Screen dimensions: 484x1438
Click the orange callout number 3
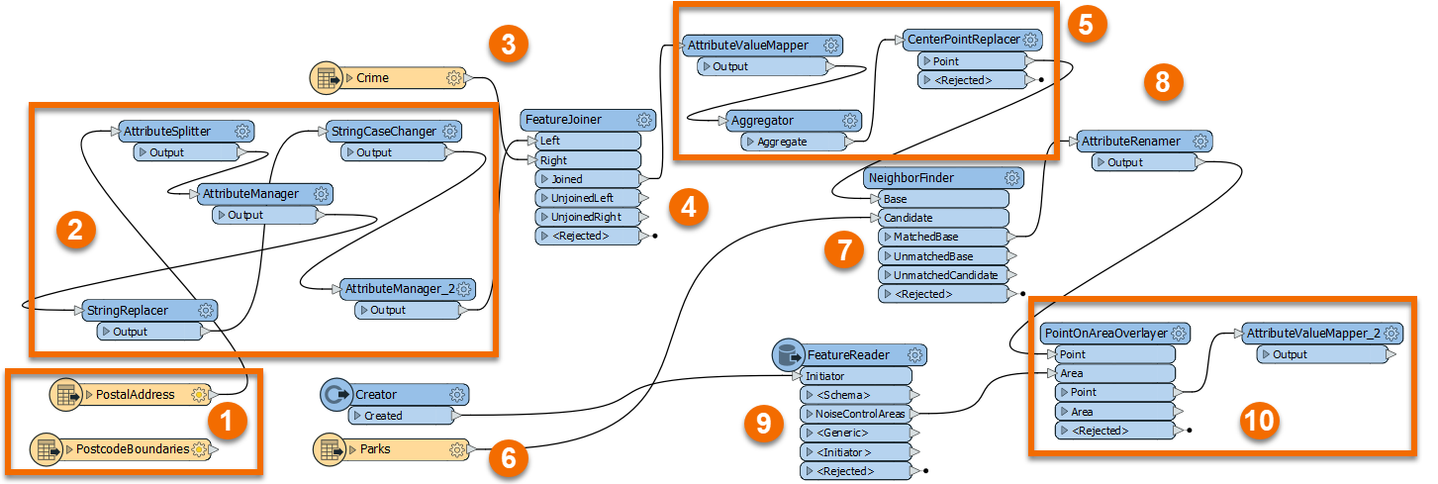509,44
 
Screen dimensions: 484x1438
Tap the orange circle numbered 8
1163,83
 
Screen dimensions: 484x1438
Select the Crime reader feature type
396,77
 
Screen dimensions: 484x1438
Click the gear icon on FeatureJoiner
644,120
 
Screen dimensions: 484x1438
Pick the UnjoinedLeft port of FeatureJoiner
588,198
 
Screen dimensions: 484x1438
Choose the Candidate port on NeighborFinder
940,218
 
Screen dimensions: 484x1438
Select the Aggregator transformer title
762,121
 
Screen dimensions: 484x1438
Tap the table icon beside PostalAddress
67,395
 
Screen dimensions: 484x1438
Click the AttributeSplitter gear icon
242,131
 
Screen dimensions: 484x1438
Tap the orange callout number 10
1259,421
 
